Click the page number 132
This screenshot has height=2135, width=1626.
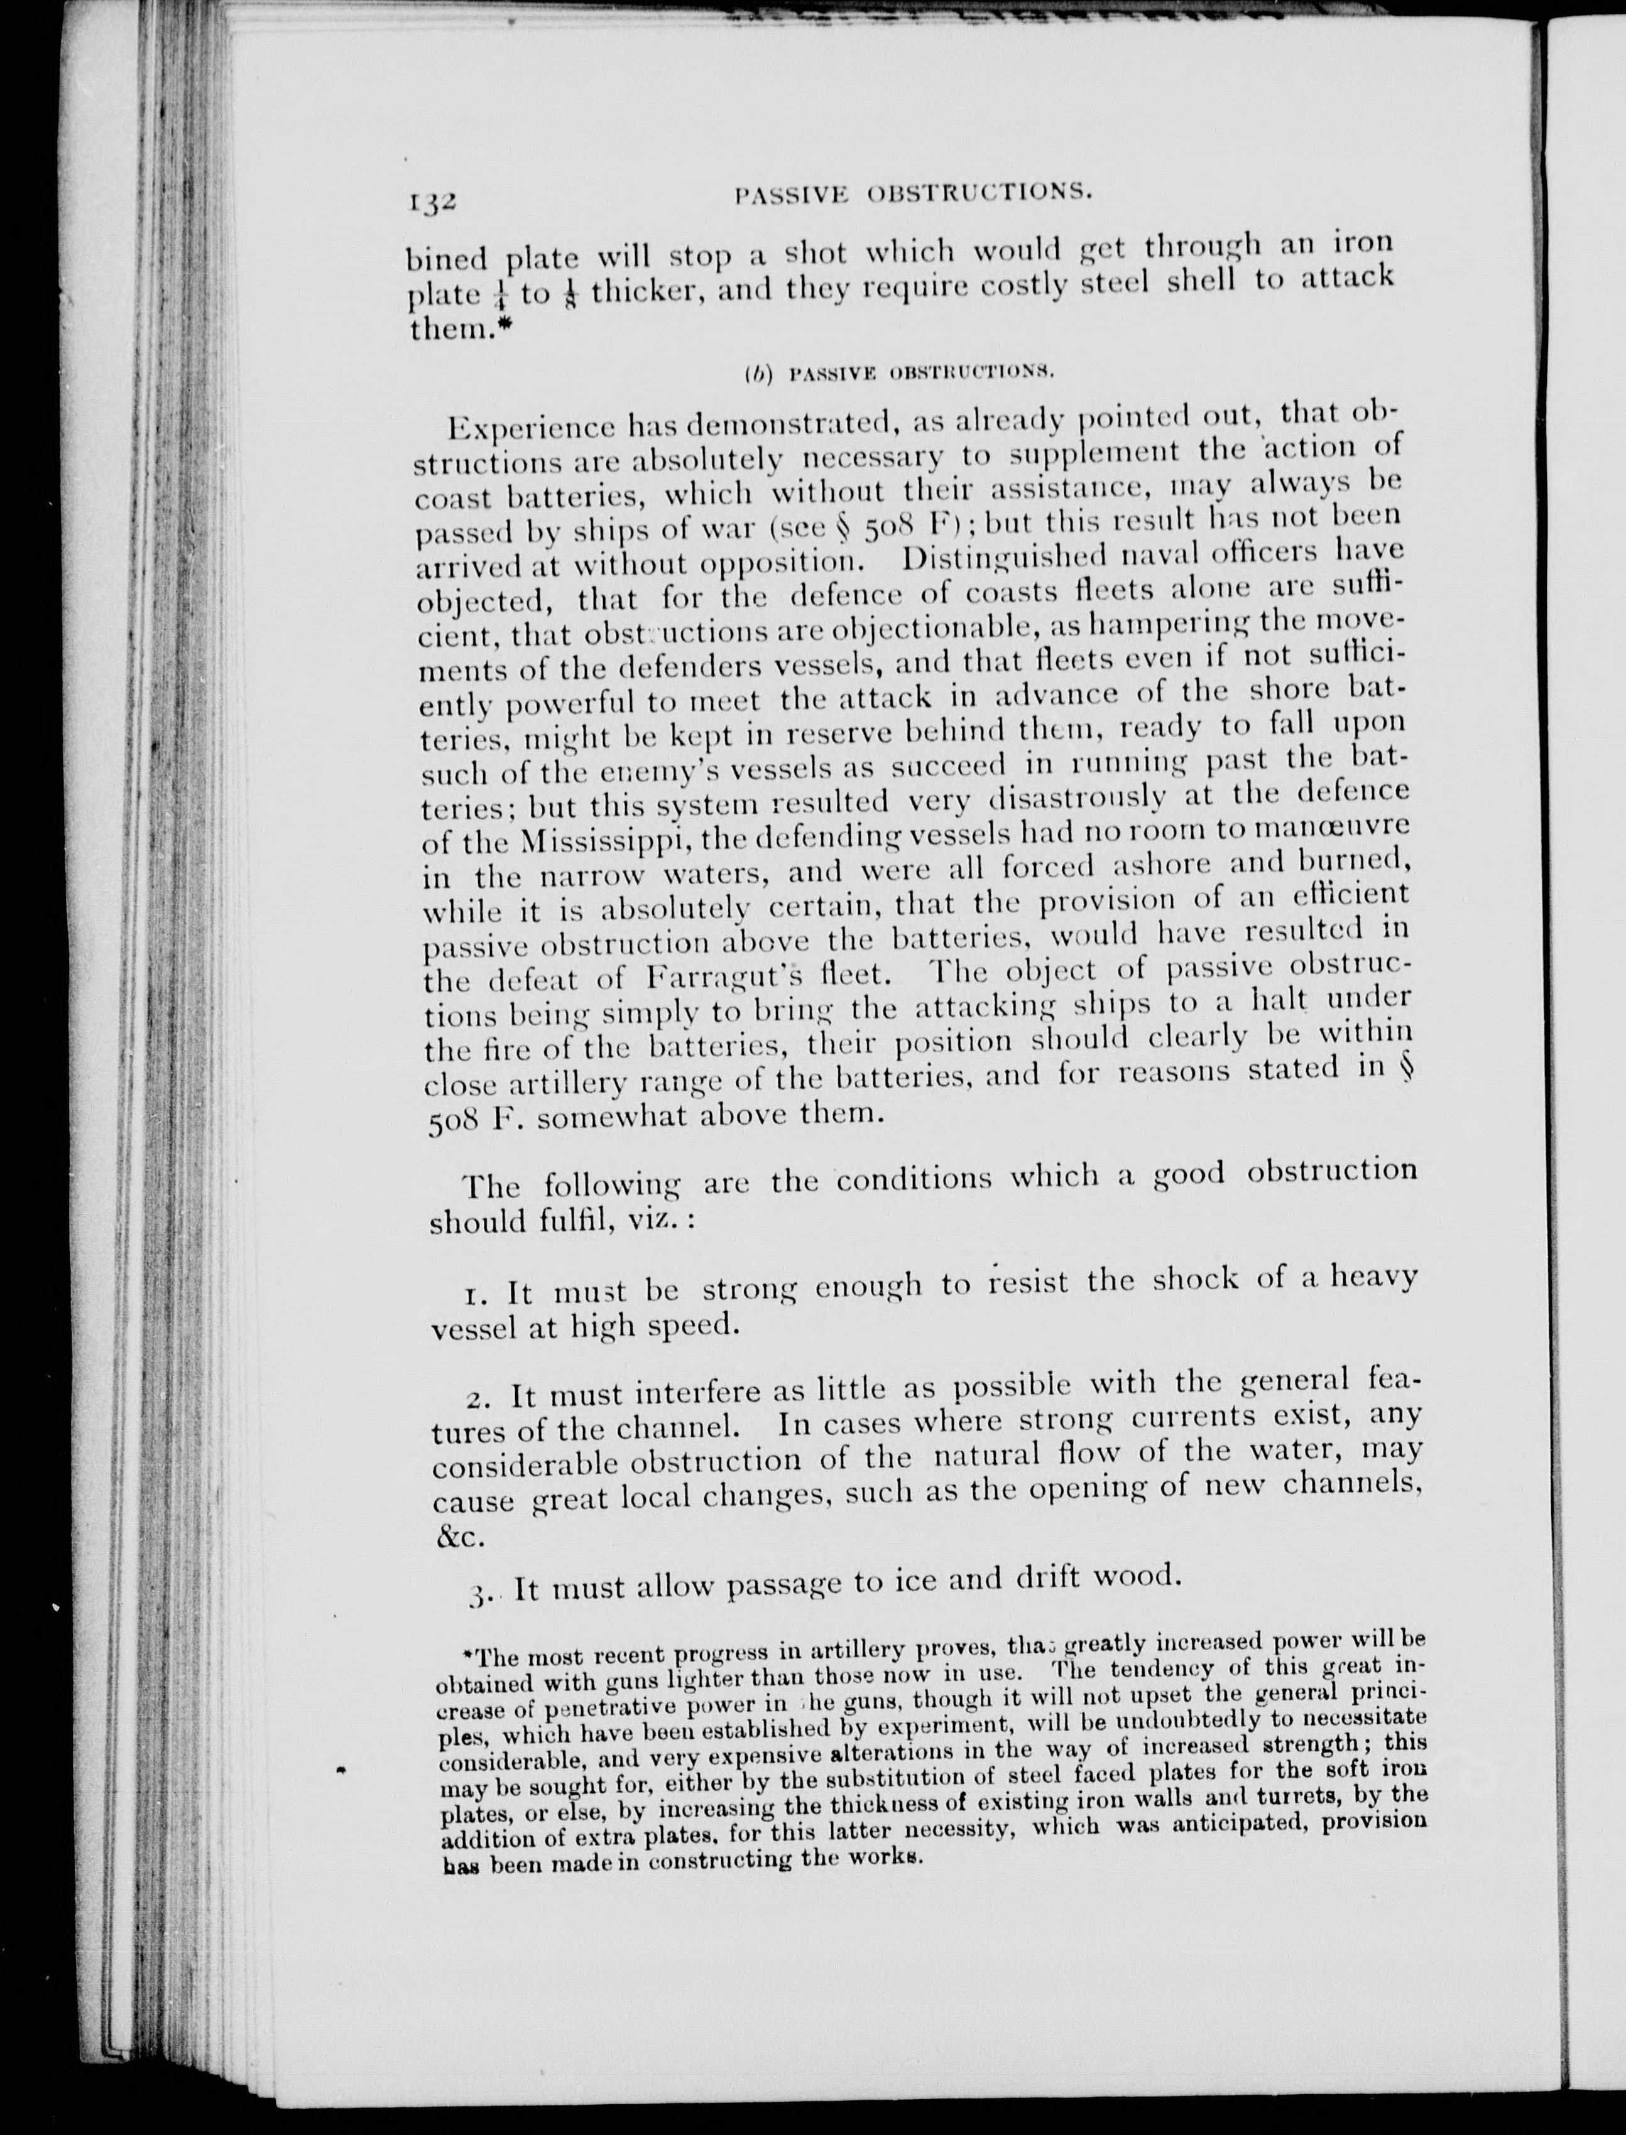coord(431,204)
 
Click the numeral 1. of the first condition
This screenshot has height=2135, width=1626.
coord(475,1295)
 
